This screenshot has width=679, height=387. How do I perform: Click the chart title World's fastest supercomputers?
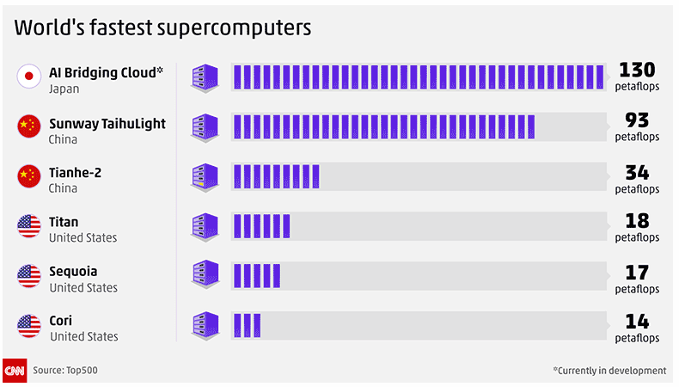click(162, 28)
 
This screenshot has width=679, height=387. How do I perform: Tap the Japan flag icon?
click(29, 77)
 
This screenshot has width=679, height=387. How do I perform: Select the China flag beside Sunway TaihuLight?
click(29, 126)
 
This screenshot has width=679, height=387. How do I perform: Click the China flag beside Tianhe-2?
click(29, 176)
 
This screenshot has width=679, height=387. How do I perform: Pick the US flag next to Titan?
click(29, 226)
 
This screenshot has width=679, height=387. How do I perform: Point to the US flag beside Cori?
click(29, 326)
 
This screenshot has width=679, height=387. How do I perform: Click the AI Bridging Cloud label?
click(106, 72)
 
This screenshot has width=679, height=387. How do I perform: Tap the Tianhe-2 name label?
click(75, 172)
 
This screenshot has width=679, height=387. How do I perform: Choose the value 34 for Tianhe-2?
click(637, 171)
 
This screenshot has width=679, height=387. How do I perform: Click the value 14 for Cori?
click(637, 322)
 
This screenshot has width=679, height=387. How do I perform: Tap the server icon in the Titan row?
click(205, 226)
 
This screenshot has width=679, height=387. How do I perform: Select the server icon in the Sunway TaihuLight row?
click(205, 126)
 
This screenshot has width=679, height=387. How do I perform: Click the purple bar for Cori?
click(246, 325)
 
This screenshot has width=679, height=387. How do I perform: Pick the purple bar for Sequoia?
click(256, 275)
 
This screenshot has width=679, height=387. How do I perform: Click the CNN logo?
click(15, 371)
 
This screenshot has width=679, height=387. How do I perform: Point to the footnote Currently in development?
click(609, 371)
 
